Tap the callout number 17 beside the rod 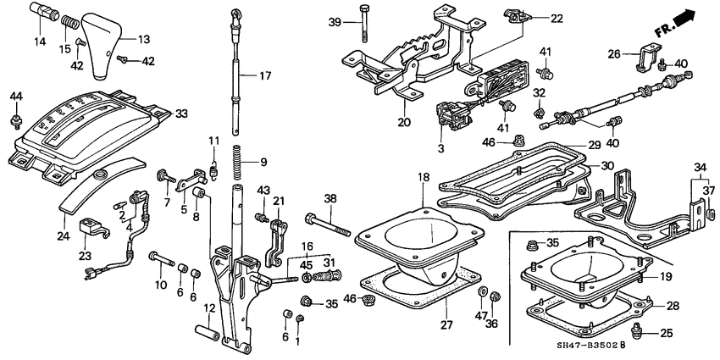pos(265,75)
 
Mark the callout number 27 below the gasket pos(447,323)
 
